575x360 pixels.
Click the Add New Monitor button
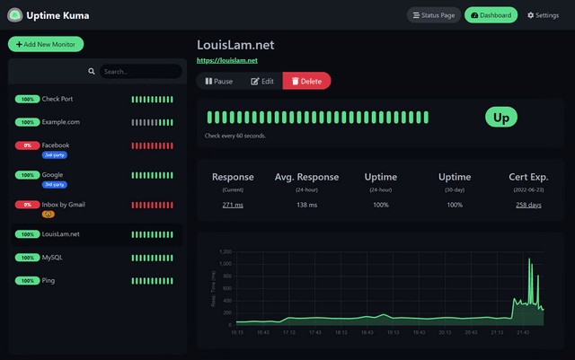(x=46, y=44)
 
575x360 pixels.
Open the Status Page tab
(x=433, y=15)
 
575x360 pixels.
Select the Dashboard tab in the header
(x=491, y=15)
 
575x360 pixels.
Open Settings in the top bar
(x=543, y=15)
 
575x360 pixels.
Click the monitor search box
(x=139, y=71)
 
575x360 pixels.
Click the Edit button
(x=262, y=81)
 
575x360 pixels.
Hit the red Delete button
(x=306, y=81)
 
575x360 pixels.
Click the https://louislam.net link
(x=227, y=60)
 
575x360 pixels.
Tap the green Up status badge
(x=501, y=118)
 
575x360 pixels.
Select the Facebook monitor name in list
(x=56, y=145)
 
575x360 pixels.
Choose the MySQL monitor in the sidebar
(x=53, y=257)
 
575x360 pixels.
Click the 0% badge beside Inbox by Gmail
(x=27, y=205)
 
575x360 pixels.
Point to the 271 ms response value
(x=233, y=206)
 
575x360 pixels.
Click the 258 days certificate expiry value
(x=528, y=206)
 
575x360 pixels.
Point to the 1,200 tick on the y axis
(x=223, y=251)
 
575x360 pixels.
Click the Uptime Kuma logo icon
(x=14, y=15)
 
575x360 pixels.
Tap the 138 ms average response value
(x=307, y=206)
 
